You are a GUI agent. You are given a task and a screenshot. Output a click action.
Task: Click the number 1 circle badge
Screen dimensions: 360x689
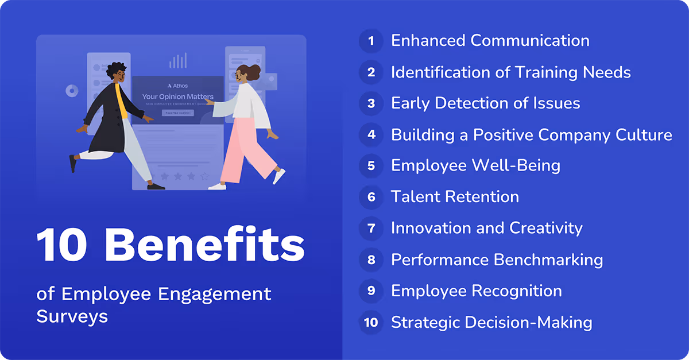pyautogui.click(x=371, y=41)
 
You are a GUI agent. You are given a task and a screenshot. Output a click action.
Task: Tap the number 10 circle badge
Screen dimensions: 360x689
pyautogui.click(x=371, y=323)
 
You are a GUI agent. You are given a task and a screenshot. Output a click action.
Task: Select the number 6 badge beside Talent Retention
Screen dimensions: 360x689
pyautogui.click(x=371, y=198)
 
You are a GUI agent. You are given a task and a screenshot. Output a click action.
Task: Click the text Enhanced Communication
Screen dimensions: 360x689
pyautogui.click(x=490, y=41)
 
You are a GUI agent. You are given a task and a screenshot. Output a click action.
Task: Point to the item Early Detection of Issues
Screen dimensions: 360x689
pyautogui.click(x=485, y=103)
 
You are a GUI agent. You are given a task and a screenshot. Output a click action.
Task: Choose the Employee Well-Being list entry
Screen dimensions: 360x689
pyautogui.click(x=475, y=166)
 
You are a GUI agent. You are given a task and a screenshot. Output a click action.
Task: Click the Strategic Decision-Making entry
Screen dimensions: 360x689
pyautogui.click(x=491, y=323)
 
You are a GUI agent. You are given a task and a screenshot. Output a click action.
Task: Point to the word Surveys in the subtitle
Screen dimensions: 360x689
pyautogui.click(x=72, y=316)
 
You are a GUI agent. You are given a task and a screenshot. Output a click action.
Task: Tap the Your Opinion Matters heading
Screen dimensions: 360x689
pyautogui.click(x=178, y=97)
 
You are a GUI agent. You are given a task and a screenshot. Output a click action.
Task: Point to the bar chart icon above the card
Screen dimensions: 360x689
pyautogui.click(x=178, y=60)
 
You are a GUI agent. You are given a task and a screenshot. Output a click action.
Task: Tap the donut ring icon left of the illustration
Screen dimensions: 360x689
pyautogui.click(x=72, y=91)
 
